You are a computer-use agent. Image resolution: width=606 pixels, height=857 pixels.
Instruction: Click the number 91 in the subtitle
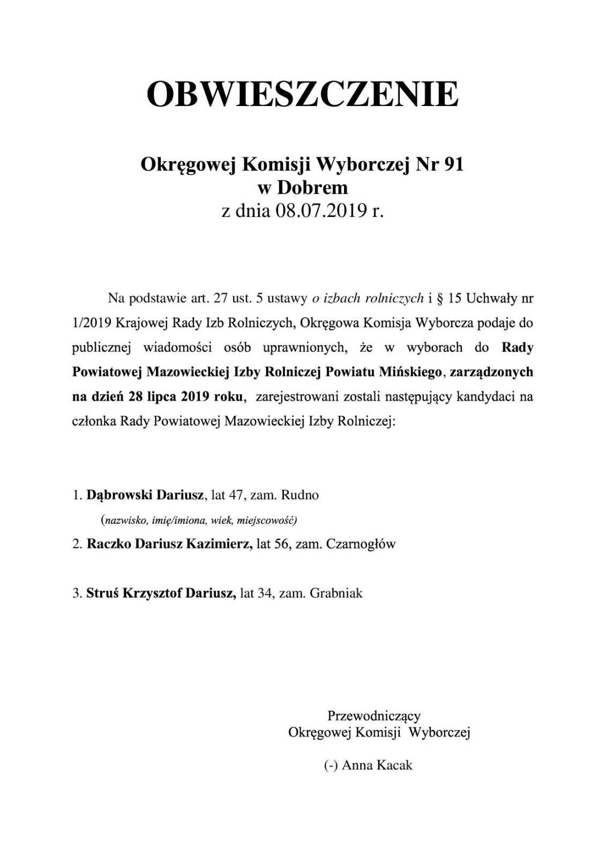pyautogui.click(x=453, y=166)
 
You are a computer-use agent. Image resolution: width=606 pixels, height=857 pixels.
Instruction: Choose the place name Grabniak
pyautogui.click(x=336, y=593)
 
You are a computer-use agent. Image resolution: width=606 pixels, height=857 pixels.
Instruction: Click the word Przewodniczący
pyautogui.click(x=374, y=716)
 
